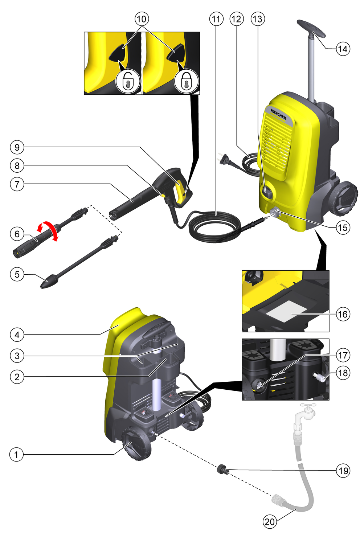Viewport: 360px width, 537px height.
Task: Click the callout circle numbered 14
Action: point(343,49)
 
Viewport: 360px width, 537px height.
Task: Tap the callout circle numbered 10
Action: point(142,19)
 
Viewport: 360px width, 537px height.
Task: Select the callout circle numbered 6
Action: point(17,234)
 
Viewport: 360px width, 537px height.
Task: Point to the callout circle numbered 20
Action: point(270,528)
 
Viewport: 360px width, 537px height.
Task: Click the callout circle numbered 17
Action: point(343,355)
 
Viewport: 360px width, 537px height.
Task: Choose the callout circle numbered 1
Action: point(16,455)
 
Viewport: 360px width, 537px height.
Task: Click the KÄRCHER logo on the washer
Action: point(278,114)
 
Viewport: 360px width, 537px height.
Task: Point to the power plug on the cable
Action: point(226,160)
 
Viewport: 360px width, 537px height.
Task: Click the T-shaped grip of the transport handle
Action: point(311,29)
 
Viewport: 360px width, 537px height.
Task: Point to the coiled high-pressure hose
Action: point(214,226)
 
